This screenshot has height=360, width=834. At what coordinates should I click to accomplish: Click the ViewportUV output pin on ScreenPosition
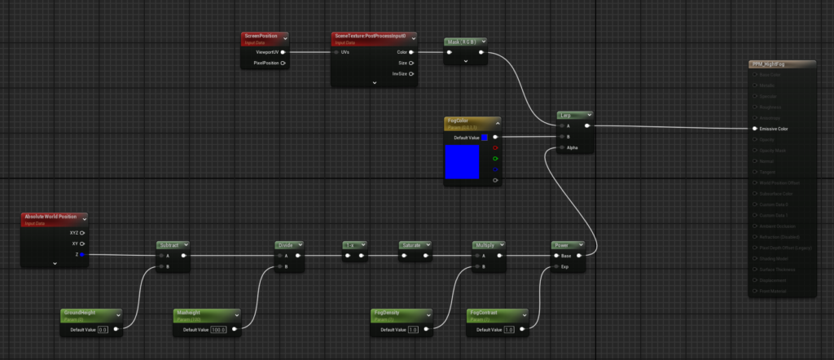click(x=283, y=52)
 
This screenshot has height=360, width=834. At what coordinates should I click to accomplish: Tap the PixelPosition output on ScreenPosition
click(x=283, y=63)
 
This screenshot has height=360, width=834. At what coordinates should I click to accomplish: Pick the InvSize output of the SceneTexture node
click(x=411, y=73)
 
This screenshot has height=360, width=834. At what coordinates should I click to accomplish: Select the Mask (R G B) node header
click(x=461, y=42)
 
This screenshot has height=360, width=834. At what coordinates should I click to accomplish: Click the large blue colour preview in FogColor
click(x=462, y=162)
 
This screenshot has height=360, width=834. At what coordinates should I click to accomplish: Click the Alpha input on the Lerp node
click(x=560, y=148)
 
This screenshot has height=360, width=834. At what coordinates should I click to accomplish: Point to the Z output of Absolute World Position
click(x=81, y=255)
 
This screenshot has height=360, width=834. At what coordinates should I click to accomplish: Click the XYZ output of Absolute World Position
click(x=81, y=233)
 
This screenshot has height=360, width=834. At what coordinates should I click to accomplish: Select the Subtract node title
click(x=171, y=244)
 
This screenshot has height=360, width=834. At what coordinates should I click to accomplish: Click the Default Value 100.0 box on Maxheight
click(x=218, y=330)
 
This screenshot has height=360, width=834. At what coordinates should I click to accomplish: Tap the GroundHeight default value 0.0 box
click(x=103, y=330)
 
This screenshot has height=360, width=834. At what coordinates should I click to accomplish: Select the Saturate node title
click(x=412, y=244)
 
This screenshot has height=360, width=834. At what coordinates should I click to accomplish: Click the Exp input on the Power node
click(x=555, y=266)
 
